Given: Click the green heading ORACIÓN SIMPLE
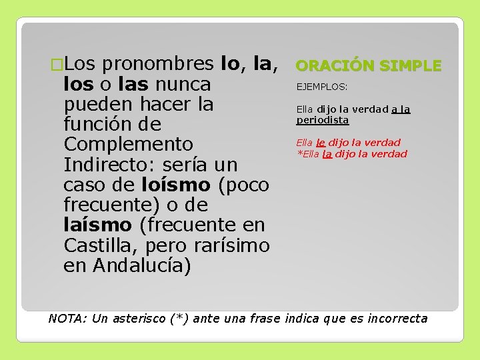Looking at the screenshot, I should point(368,65).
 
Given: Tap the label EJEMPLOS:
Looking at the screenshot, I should point(322,86).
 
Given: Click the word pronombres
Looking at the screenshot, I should point(158,64).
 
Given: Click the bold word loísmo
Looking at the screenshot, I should point(175,185).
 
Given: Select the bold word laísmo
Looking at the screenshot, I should point(97,225).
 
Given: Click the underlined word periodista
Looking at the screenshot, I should point(323,120).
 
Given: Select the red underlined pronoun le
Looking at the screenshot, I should point(321,142).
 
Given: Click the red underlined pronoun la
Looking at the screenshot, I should point(327,154).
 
